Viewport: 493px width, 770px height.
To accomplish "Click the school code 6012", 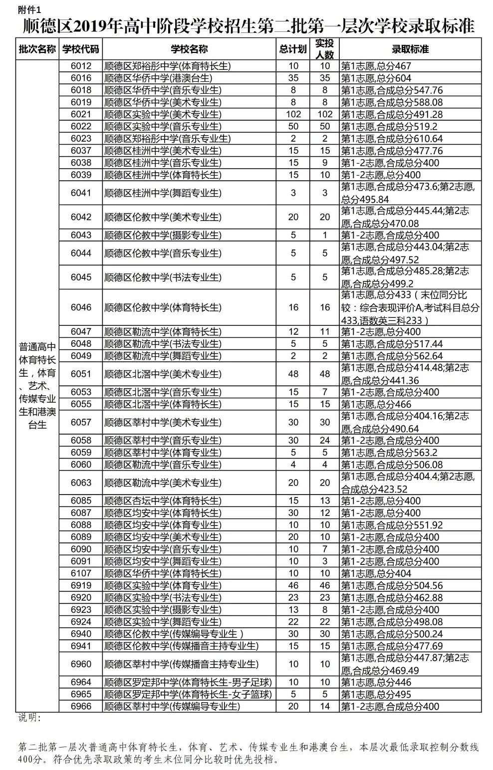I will (81, 66).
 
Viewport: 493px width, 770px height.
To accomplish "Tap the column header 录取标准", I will (410, 49).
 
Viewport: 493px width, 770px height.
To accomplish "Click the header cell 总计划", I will (293, 49).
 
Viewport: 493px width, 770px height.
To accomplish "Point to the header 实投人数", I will (325, 49).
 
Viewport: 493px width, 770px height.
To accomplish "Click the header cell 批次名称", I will (37, 49).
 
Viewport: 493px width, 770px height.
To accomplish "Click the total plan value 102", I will (293, 114).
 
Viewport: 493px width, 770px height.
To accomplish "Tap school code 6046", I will (81, 307).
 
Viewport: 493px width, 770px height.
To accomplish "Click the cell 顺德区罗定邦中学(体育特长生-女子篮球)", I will (188, 694).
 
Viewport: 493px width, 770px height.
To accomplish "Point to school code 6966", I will (81, 706).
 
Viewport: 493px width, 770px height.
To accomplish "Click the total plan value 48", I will (293, 374).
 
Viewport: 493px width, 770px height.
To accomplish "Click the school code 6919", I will (81, 585).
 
